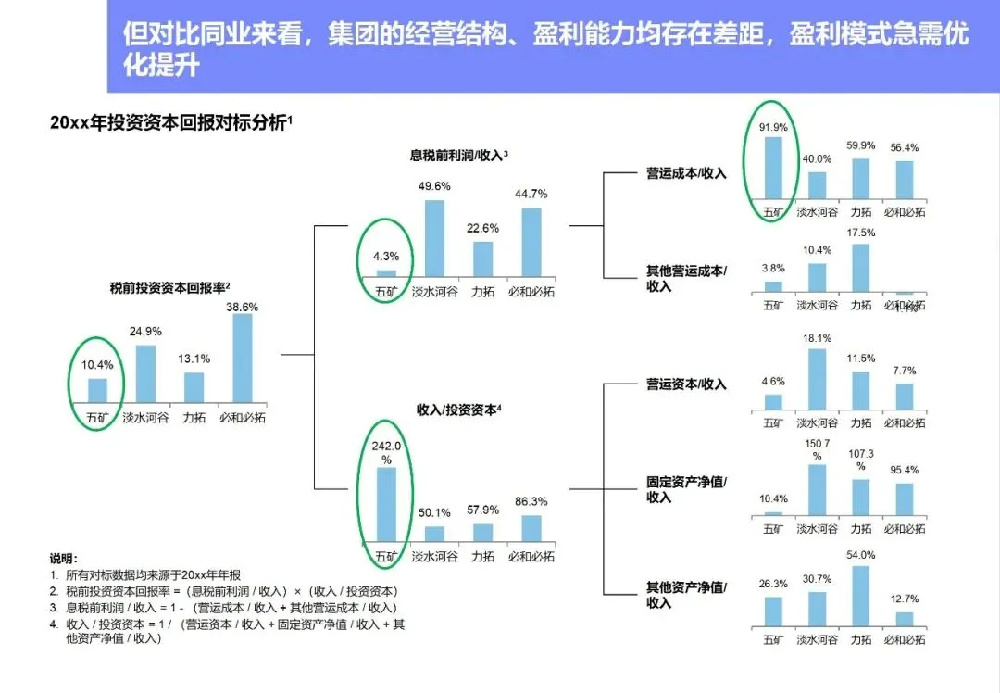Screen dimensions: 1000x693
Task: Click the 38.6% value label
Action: [x=243, y=306]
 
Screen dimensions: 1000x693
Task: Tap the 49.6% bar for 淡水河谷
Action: [x=434, y=238]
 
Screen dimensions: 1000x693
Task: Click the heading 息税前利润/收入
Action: [x=457, y=156]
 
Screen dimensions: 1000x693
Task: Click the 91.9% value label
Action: [x=773, y=127]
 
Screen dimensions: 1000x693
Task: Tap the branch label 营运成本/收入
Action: [x=686, y=173]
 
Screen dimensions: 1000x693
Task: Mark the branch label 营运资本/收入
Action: [x=686, y=384]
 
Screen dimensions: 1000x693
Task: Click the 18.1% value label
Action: [x=818, y=338]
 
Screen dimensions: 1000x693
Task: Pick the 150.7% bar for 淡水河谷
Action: [x=817, y=489]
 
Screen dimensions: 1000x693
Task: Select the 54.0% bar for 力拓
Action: [x=861, y=596]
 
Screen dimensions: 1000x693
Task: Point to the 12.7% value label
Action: [x=904, y=599]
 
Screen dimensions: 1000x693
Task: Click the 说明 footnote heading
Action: [x=64, y=560]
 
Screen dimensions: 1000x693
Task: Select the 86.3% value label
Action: [x=531, y=501]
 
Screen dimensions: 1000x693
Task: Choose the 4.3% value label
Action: [x=385, y=257]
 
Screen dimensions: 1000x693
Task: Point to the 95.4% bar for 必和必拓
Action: [x=904, y=498]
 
